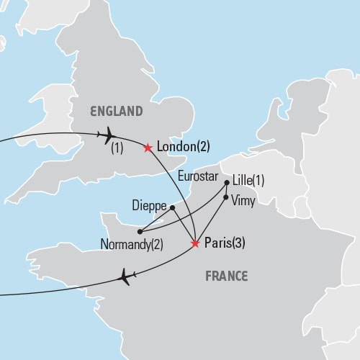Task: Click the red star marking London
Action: (x=148, y=148)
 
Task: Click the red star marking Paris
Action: (x=195, y=243)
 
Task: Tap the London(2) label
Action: (x=183, y=148)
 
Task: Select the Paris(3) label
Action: (x=225, y=243)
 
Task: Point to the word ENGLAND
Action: (x=115, y=111)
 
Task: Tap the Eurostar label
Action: (x=196, y=175)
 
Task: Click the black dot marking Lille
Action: (x=227, y=183)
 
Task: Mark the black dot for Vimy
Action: (x=227, y=197)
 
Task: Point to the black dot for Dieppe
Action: (x=172, y=208)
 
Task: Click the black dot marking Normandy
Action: (x=138, y=231)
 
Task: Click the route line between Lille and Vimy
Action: (x=227, y=190)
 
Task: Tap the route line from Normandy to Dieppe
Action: (x=156, y=220)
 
